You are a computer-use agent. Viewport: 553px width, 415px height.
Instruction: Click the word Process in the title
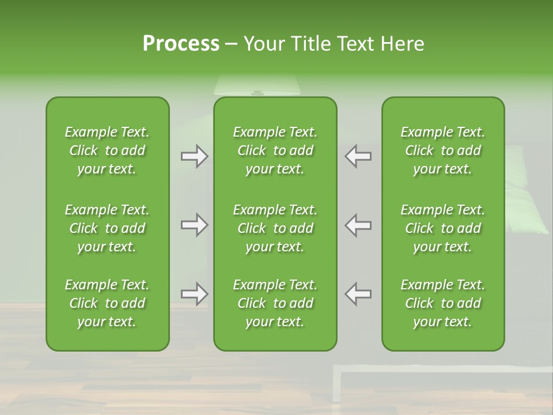(x=181, y=44)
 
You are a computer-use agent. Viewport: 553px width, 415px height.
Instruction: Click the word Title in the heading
(x=308, y=44)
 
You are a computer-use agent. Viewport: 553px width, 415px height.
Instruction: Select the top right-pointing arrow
(x=195, y=156)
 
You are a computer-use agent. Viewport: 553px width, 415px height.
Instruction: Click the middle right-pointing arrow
(x=195, y=225)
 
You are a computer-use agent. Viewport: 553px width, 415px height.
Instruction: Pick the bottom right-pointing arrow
(x=195, y=294)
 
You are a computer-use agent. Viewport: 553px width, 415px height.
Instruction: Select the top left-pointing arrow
(x=358, y=156)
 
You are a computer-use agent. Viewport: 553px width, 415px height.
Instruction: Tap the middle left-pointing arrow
(x=358, y=225)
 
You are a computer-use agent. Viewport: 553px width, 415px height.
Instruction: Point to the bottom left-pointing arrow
(x=358, y=294)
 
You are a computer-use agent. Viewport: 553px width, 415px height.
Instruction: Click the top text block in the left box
(x=107, y=150)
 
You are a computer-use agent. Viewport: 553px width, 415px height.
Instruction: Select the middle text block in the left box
(x=107, y=228)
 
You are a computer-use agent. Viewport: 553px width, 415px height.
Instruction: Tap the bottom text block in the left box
(x=107, y=303)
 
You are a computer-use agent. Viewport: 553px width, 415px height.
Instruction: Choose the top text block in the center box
(x=275, y=150)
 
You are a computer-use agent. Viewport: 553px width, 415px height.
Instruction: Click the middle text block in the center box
(x=275, y=228)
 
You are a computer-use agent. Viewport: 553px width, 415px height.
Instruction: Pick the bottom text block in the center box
(x=275, y=303)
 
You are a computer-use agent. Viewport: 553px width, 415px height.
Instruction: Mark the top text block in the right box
(x=442, y=150)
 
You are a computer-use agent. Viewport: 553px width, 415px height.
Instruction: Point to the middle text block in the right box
(x=442, y=228)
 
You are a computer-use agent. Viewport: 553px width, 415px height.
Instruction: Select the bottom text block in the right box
(x=442, y=303)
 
